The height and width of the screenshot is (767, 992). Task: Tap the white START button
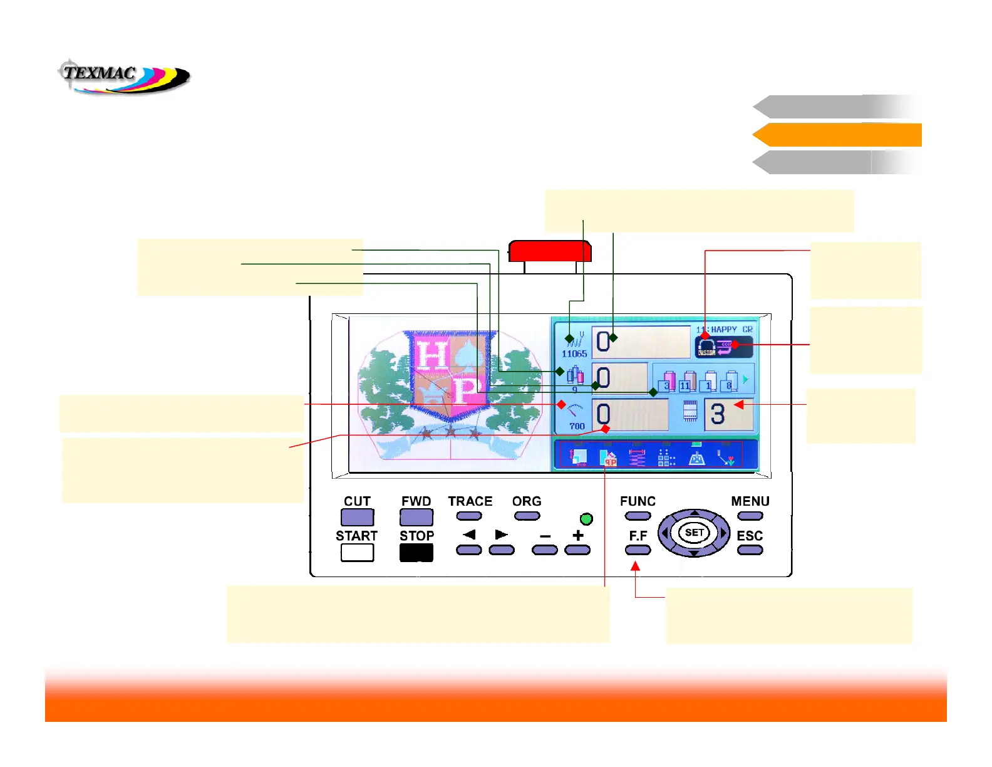click(x=357, y=552)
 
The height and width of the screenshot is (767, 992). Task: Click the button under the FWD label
click(x=416, y=517)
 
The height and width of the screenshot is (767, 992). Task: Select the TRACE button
click(x=469, y=516)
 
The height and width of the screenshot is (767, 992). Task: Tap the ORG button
click(x=527, y=516)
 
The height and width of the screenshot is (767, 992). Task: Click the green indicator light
click(x=586, y=519)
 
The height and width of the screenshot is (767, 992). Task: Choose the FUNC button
click(x=638, y=516)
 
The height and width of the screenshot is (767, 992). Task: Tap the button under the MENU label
click(x=750, y=516)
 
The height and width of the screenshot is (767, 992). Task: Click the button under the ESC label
click(x=750, y=550)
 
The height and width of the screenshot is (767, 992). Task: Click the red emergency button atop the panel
click(x=550, y=251)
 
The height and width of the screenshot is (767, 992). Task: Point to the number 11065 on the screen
click(x=574, y=353)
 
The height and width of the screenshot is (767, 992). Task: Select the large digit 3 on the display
click(x=718, y=414)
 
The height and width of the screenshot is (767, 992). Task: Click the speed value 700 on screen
click(x=577, y=426)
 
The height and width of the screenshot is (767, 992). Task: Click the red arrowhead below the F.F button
click(x=635, y=566)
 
